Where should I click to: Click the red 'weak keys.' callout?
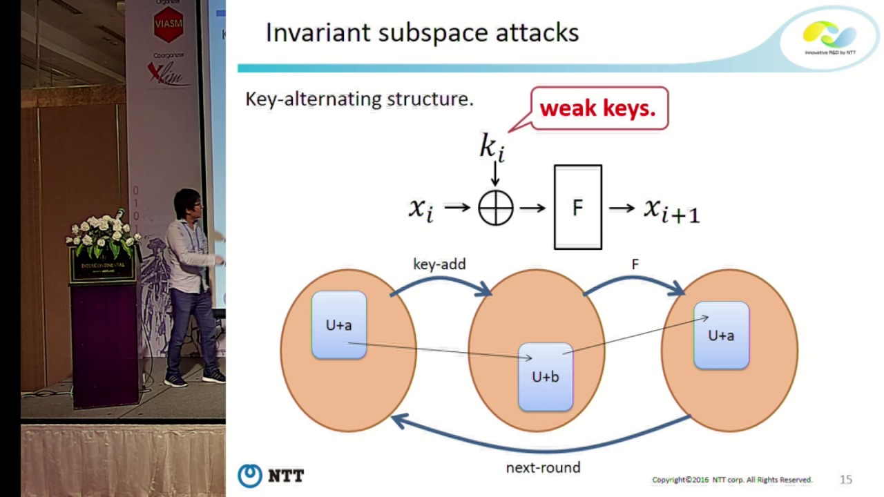(598, 108)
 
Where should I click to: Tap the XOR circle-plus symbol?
(496, 207)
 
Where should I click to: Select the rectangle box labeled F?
(577, 207)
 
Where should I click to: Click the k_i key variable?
(492, 147)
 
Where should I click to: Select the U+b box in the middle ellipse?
(546, 377)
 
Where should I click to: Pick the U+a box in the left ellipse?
(339, 325)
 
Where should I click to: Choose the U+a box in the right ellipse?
(721, 335)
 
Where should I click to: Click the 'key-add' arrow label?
(439, 264)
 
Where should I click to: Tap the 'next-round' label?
(543, 468)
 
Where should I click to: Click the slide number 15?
(845, 480)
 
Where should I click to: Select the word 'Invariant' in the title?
(318, 32)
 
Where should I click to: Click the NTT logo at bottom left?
(271, 476)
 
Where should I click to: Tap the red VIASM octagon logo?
(169, 25)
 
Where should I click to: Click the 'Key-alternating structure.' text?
(359, 99)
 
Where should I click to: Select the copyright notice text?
(732, 480)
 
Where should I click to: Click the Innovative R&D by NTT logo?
(829, 38)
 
